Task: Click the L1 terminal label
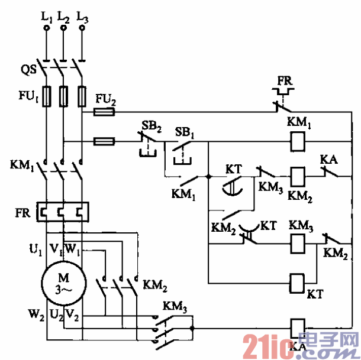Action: (46, 18)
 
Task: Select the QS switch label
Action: (28, 70)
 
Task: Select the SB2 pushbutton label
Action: (150, 125)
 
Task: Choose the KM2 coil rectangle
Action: (298, 175)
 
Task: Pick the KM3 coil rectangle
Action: (298, 241)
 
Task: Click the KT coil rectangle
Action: (298, 281)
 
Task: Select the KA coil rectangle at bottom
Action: (298, 326)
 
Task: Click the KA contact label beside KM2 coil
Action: (328, 159)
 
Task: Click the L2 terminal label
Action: (63, 18)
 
